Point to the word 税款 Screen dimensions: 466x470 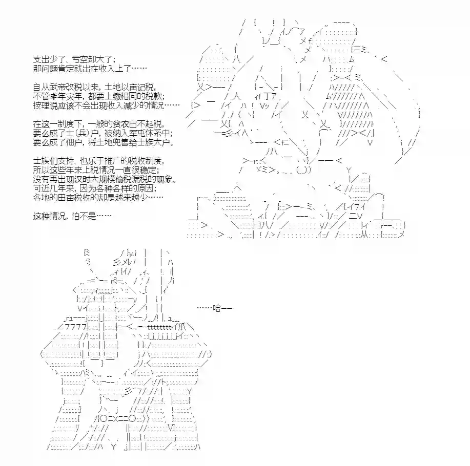coord(154,96)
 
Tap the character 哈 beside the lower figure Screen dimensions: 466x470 coord(217,308)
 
